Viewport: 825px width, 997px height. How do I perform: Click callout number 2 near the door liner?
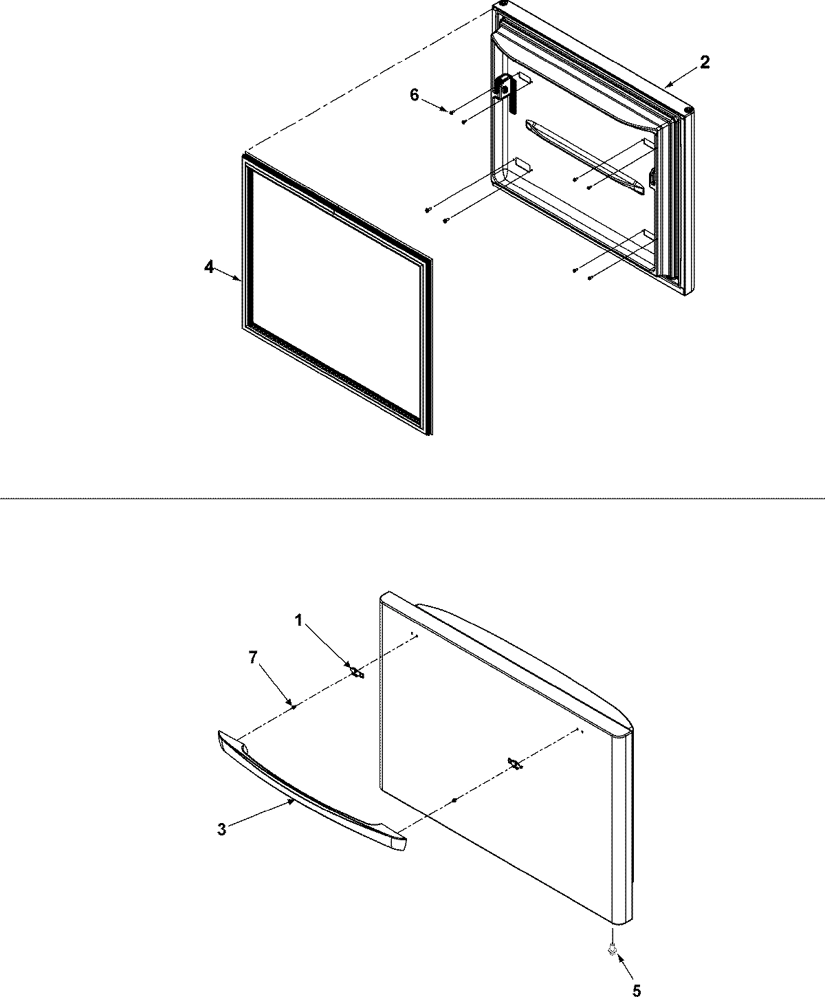(x=705, y=62)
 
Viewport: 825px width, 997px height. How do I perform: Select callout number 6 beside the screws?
(x=414, y=95)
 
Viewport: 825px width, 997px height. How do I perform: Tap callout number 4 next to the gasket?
(x=209, y=267)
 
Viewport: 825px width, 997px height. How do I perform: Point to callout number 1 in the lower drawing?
(x=299, y=621)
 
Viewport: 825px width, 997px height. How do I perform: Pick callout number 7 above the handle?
(x=253, y=658)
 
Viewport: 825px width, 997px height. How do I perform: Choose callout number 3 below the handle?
(x=221, y=830)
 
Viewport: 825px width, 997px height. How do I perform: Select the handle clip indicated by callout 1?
(x=357, y=672)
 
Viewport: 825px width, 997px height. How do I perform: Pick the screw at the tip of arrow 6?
(x=452, y=112)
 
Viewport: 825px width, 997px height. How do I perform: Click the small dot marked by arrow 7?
(x=294, y=705)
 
